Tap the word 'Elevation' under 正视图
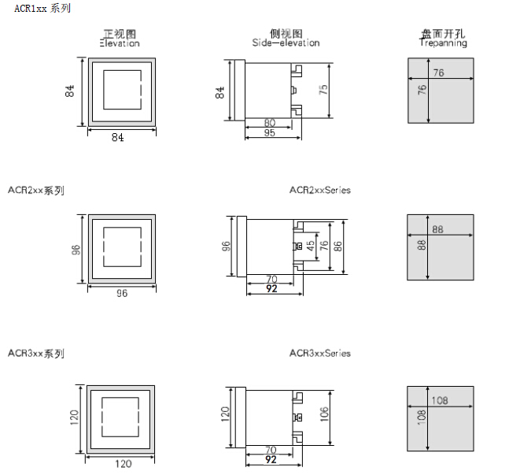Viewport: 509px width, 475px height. (120, 43)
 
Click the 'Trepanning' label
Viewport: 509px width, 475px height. (443, 43)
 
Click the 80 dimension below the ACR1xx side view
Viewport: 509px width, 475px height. (270, 123)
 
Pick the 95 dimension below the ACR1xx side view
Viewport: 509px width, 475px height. (270, 134)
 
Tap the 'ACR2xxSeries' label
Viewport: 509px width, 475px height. (319, 191)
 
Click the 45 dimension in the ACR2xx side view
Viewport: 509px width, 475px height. (310, 247)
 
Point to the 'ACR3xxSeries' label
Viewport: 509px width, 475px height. (319, 354)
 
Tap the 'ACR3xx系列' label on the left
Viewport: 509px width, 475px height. (36, 354)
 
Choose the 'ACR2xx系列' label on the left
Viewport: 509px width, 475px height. (36, 191)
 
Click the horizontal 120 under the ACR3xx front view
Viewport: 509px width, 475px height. (124, 464)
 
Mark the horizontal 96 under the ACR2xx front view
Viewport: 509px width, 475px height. (122, 293)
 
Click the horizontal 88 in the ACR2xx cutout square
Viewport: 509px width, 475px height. (438, 230)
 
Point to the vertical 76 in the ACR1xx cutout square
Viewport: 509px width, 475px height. (422, 90)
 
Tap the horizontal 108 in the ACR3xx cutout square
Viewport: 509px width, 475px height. (440, 401)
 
